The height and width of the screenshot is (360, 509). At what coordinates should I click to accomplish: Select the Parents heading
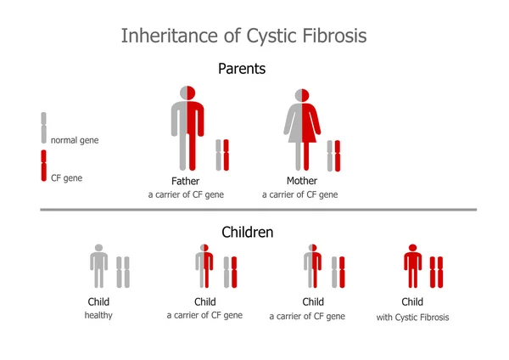coord(242,69)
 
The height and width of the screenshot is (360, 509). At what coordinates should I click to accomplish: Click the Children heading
coord(248,231)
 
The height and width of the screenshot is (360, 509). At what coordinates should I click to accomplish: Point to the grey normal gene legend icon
coord(44,127)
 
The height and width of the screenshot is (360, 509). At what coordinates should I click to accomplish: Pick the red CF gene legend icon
coord(44,166)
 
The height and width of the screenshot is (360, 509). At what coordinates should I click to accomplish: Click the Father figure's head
coord(187,93)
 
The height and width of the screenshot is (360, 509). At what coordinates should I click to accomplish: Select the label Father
coord(185,181)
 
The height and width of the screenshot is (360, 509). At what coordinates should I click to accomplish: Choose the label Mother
coord(302,181)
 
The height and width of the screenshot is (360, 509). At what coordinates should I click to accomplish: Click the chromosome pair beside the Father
coord(222,156)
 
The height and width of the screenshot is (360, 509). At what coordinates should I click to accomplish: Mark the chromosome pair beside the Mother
coord(334,156)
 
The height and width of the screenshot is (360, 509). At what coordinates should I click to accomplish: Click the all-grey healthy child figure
coord(98,267)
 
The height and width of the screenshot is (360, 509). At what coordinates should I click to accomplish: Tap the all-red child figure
coord(412,267)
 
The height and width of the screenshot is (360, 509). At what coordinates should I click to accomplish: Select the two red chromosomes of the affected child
coord(436,272)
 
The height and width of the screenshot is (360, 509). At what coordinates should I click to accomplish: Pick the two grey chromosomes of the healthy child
coord(123,272)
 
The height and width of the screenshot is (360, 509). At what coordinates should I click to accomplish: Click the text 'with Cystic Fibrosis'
coord(412,318)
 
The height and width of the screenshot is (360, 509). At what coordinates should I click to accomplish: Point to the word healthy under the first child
coord(98,316)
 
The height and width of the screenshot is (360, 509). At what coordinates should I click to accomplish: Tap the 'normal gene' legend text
coord(75,140)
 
